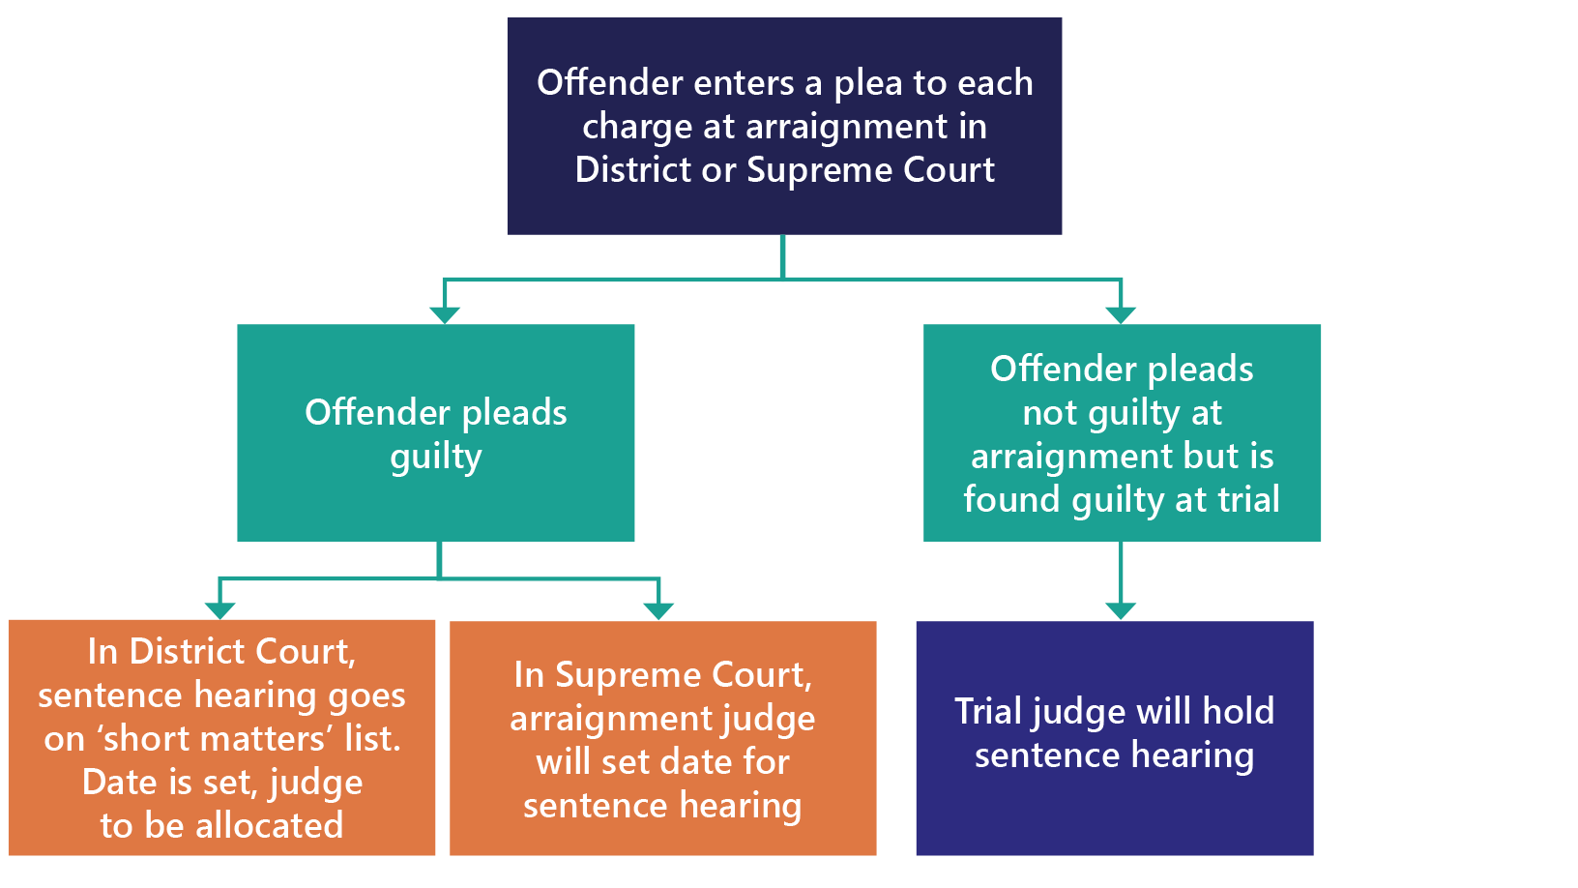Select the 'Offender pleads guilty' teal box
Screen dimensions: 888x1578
coord(435,432)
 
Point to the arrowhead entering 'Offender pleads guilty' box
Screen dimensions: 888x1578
coord(445,314)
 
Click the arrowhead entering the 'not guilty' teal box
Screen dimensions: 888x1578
coord(1121,314)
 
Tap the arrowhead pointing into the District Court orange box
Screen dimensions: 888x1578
coord(220,609)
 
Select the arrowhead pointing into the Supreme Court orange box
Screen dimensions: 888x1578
coord(658,610)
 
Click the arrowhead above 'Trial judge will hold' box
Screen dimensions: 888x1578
coord(1121,610)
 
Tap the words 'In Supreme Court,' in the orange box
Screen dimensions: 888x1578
coord(663,675)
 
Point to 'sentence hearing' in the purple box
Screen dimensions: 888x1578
coord(1114,755)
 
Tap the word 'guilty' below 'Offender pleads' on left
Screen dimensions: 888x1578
coord(436,458)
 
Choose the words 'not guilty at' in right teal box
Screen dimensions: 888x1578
coord(1122,413)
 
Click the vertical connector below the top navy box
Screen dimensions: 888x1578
coord(782,256)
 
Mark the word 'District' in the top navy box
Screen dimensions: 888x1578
coord(633,170)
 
